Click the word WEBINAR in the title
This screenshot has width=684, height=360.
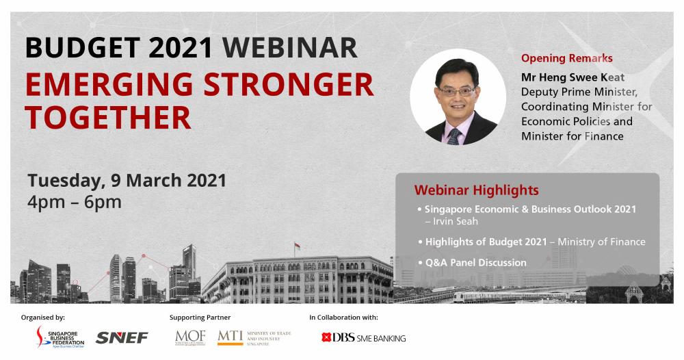tap(289, 47)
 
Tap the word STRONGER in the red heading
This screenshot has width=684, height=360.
tap(289, 85)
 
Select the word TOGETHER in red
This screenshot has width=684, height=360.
tap(108, 118)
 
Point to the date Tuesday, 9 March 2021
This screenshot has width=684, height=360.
tap(127, 181)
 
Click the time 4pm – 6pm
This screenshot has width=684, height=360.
tap(75, 202)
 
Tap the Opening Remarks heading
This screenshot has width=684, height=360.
tap(566, 58)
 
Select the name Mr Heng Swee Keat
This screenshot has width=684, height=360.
tap(573, 77)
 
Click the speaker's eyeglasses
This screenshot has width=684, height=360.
tap(457, 91)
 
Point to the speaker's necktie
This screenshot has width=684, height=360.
tap(454, 137)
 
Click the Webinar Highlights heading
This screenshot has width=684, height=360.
tap(476, 190)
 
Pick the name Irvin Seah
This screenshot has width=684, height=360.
tap(456, 221)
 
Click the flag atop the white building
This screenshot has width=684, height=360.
tap(297, 246)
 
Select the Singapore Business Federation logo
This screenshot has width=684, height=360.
tap(60, 337)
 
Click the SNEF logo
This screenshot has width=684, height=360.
tap(122, 337)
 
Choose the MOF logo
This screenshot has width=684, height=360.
tap(190, 337)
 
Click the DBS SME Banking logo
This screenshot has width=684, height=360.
tap(363, 337)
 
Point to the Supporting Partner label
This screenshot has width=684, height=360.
tap(200, 318)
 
